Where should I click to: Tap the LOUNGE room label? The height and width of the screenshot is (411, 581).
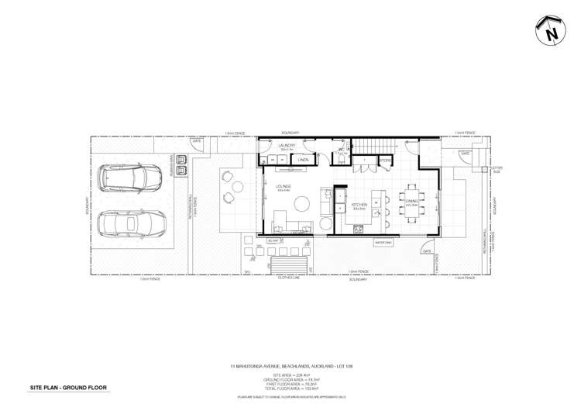pos(282,187)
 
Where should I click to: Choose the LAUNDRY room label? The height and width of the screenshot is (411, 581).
pos(287,145)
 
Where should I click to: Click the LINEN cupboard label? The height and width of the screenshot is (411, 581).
pos(304,160)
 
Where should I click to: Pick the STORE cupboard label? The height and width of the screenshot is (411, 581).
pos(385,160)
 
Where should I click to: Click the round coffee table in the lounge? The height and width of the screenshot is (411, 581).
pos(301,204)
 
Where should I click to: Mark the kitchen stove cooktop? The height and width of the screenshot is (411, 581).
pos(358,228)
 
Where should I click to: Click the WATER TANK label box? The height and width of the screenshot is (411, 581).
pos(383,243)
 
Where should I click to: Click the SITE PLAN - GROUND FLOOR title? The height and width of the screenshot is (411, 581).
pos(68,386)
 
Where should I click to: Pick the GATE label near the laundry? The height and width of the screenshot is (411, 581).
pos(197,141)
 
